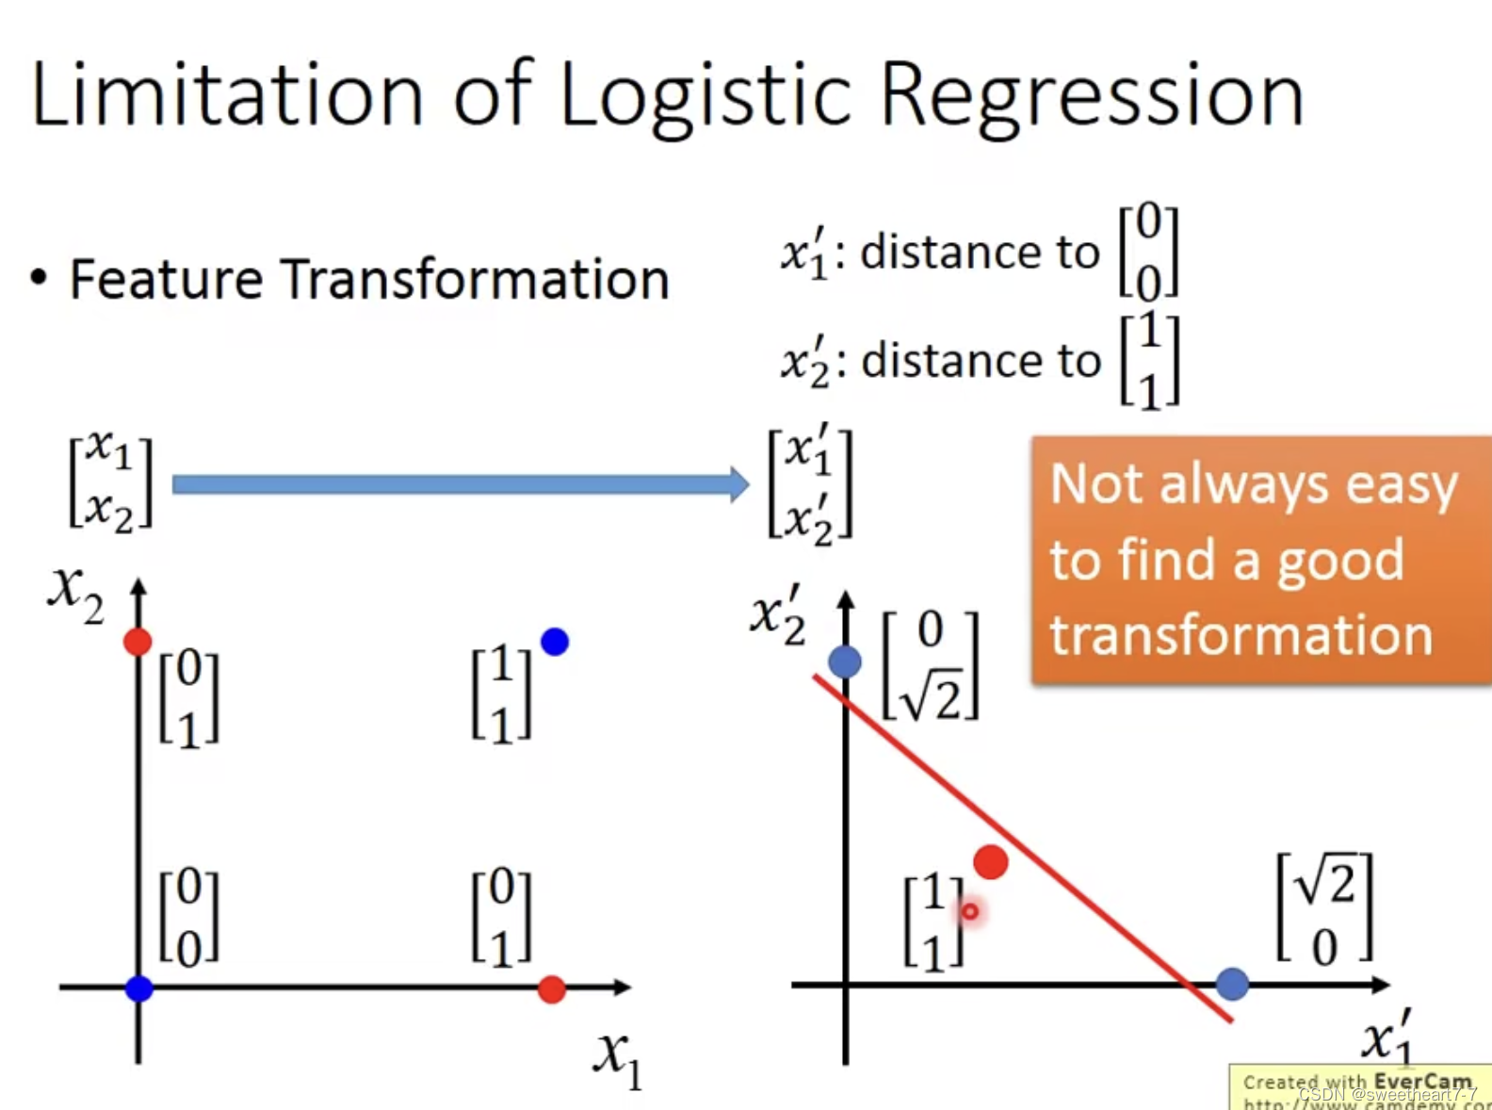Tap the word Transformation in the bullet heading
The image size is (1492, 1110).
[x=475, y=280]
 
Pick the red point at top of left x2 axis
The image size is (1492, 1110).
[x=138, y=643]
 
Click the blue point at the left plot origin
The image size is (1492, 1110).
[x=138, y=988]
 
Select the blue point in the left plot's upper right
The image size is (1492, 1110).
[x=555, y=642]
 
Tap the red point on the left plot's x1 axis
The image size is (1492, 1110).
[x=551, y=989]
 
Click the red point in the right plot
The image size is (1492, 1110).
[x=990, y=861]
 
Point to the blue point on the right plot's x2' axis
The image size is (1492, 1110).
[x=845, y=661]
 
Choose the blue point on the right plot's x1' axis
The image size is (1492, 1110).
[x=1232, y=984]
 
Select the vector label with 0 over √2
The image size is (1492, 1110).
[x=931, y=665]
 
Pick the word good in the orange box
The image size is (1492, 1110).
[x=1339, y=561]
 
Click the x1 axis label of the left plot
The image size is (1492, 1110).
[x=617, y=1057]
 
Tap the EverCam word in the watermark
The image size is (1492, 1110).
[x=1422, y=1081]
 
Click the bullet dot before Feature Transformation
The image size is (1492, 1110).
[x=39, y=278]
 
